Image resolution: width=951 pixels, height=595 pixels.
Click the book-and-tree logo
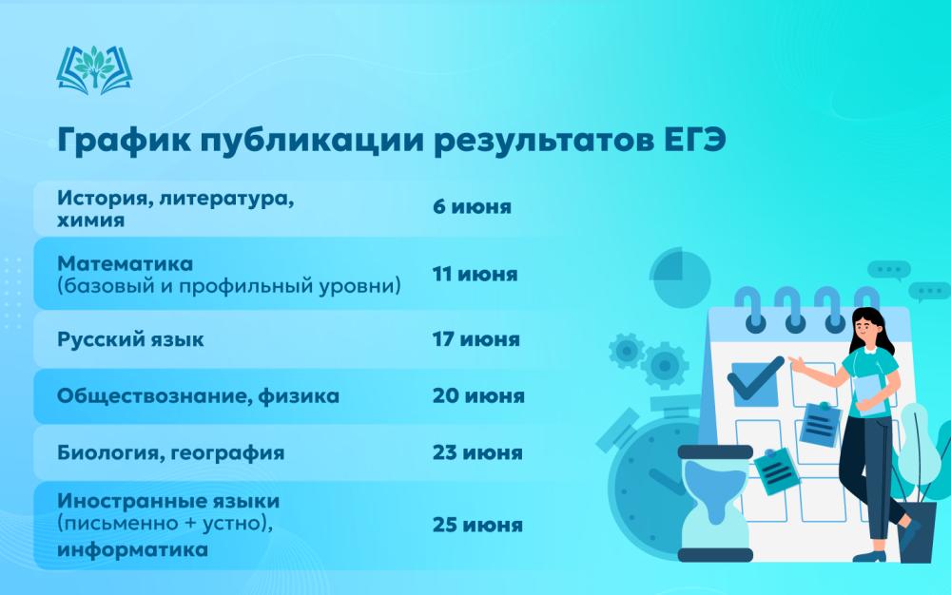(x=94, y=69)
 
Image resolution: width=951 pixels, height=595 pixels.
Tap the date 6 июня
(x=472, y=206)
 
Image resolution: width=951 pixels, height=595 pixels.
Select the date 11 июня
(x=475, y=274)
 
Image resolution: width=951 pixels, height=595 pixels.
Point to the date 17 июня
(x=476, y=338)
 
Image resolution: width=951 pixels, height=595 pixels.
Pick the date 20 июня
(x=478, y=395)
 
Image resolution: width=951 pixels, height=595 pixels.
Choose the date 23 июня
(x=477, y=452)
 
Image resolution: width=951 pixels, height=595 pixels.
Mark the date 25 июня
(x=477, y=525)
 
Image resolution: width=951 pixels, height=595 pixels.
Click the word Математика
(x=125, y=263)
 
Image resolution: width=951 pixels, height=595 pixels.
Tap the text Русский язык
(x=130, y=339)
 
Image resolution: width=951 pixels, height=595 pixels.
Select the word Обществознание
(x=154, y=396)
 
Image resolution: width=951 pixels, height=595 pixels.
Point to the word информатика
(x=132, y=549)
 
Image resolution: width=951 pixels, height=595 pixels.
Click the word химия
(x=91, y=220)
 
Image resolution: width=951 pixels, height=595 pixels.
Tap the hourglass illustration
(x=715, y=504)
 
